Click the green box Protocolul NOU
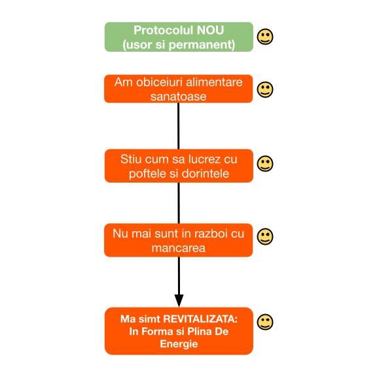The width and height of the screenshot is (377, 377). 179,37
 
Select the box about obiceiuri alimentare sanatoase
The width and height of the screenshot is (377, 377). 179,89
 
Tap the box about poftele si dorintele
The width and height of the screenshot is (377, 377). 179,166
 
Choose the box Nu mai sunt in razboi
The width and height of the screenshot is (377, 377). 179,240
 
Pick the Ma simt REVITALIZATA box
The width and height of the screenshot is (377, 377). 179,331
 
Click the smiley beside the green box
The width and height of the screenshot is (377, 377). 265,37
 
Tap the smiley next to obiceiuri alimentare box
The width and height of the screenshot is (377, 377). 265,90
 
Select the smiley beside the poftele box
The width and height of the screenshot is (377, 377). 265,164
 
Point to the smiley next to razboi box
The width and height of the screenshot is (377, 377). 265,236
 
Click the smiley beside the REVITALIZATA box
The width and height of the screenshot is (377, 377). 265,322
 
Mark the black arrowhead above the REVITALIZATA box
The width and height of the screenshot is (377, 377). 179,300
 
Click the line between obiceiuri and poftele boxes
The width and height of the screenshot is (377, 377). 179,126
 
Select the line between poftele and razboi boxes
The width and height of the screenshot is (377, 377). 179,203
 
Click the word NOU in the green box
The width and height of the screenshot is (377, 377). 210,30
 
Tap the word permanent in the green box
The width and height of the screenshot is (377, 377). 201,45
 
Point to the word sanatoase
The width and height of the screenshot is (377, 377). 179,97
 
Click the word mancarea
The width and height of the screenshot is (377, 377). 179,248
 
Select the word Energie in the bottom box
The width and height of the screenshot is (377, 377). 179,344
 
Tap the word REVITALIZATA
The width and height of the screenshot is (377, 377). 200,319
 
